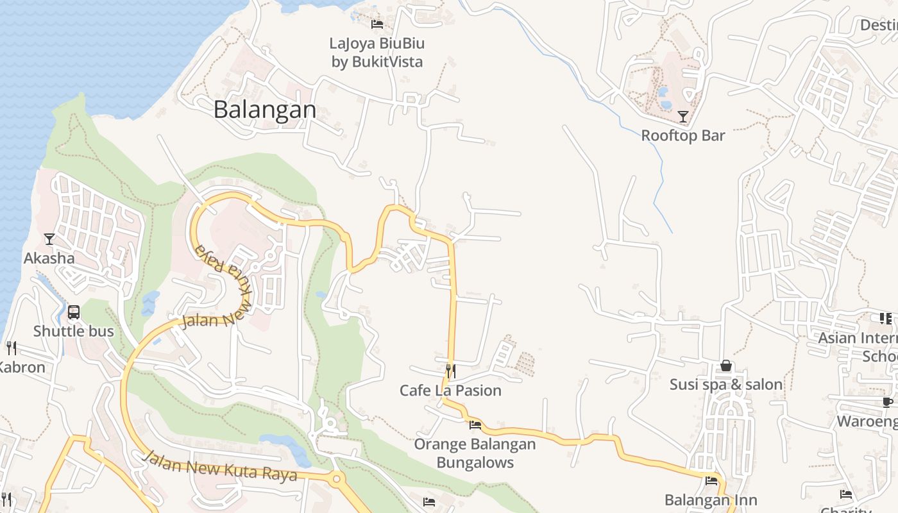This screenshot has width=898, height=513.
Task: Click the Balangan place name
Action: [x=264, y=110]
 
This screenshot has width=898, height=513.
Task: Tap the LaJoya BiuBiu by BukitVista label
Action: [x=377, y=53]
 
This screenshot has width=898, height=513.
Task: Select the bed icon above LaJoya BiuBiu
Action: [x=377, y=24]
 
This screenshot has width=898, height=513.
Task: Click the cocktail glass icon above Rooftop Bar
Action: [x=683, y=116]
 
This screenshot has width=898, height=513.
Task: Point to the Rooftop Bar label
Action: [x=683, y=135]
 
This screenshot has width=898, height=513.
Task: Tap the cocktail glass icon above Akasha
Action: [x=49, y=239]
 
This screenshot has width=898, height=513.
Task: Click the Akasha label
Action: [x=49, y=258]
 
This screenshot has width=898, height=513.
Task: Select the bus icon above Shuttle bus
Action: [x=74, y=312]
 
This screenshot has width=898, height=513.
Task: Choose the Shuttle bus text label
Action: [x=74, y=332]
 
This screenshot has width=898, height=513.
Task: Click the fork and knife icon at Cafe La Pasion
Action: [x=451, y=371]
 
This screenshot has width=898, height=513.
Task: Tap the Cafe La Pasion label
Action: [x=450, y=391]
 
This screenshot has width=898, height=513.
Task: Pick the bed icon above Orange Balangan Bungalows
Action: [x=475, y=425]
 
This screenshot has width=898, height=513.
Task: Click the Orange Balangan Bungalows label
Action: [x=475, y=453]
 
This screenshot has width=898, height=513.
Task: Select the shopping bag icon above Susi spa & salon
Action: [x=726, y=366]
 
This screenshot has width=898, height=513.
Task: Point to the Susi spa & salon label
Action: [x=726, y=385]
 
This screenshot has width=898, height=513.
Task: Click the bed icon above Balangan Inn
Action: [x=711, y=481]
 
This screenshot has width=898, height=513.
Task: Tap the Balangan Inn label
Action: [x=711, y=500]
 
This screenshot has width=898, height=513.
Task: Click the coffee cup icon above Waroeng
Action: [x=888, y=402]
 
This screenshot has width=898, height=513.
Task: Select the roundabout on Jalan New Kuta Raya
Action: [x=335, y=478]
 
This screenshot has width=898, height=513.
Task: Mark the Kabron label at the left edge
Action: [x=22, y=367]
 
